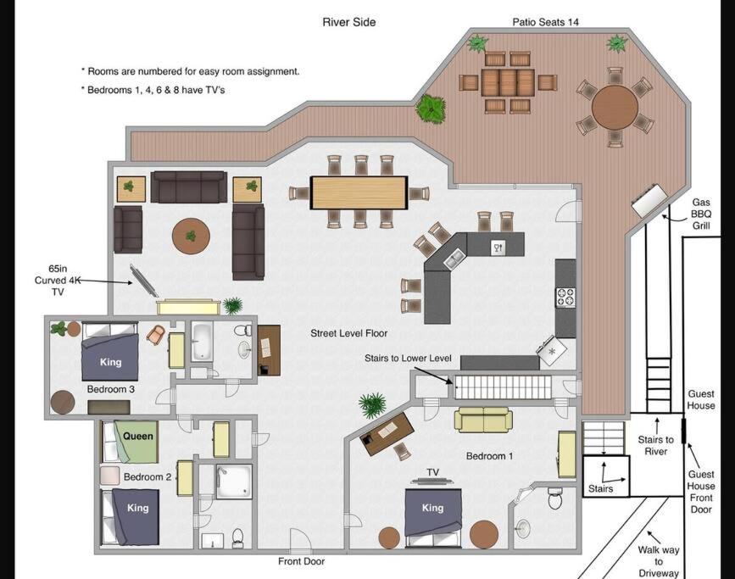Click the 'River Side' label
[x=348, y=22]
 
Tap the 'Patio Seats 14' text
[x=545, y=22]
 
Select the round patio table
[x=615, y=107]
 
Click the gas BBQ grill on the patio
[x=649, y=200]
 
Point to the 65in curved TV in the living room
[x=143, y=281]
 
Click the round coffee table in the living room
[x=191, y=237]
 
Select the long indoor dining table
[x=359, y=192]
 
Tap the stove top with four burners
[x=565, y=298]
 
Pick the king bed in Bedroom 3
[x=110, y=352]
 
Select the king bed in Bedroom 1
[x=433, y=518]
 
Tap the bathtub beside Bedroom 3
[x=202, y=342]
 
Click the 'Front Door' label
[x=302, y=561]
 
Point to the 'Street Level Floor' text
[x=348, y=333]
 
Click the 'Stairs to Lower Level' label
[x=408, y=359]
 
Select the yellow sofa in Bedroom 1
[x=483, y=420]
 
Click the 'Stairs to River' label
[x=655, y=445]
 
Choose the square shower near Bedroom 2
[x=234, y=482]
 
